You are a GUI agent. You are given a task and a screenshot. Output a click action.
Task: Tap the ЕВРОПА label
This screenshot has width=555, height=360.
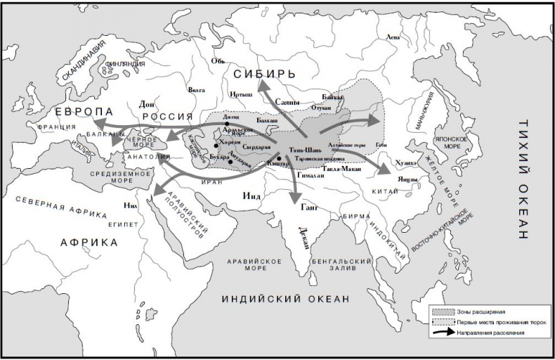pos(84,112)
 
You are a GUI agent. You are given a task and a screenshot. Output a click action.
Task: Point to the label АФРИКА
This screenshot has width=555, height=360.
pos(89,242)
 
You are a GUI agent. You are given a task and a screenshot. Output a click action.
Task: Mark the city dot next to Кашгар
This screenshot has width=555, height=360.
pos(279,158)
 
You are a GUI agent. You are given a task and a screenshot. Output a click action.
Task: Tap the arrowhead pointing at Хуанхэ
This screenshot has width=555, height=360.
pos(387,170)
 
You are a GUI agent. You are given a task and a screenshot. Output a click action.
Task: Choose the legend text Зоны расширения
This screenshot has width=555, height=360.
pos(481,311)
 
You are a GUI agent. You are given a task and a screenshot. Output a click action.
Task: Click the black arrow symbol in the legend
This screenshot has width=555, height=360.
pos(443,331)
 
